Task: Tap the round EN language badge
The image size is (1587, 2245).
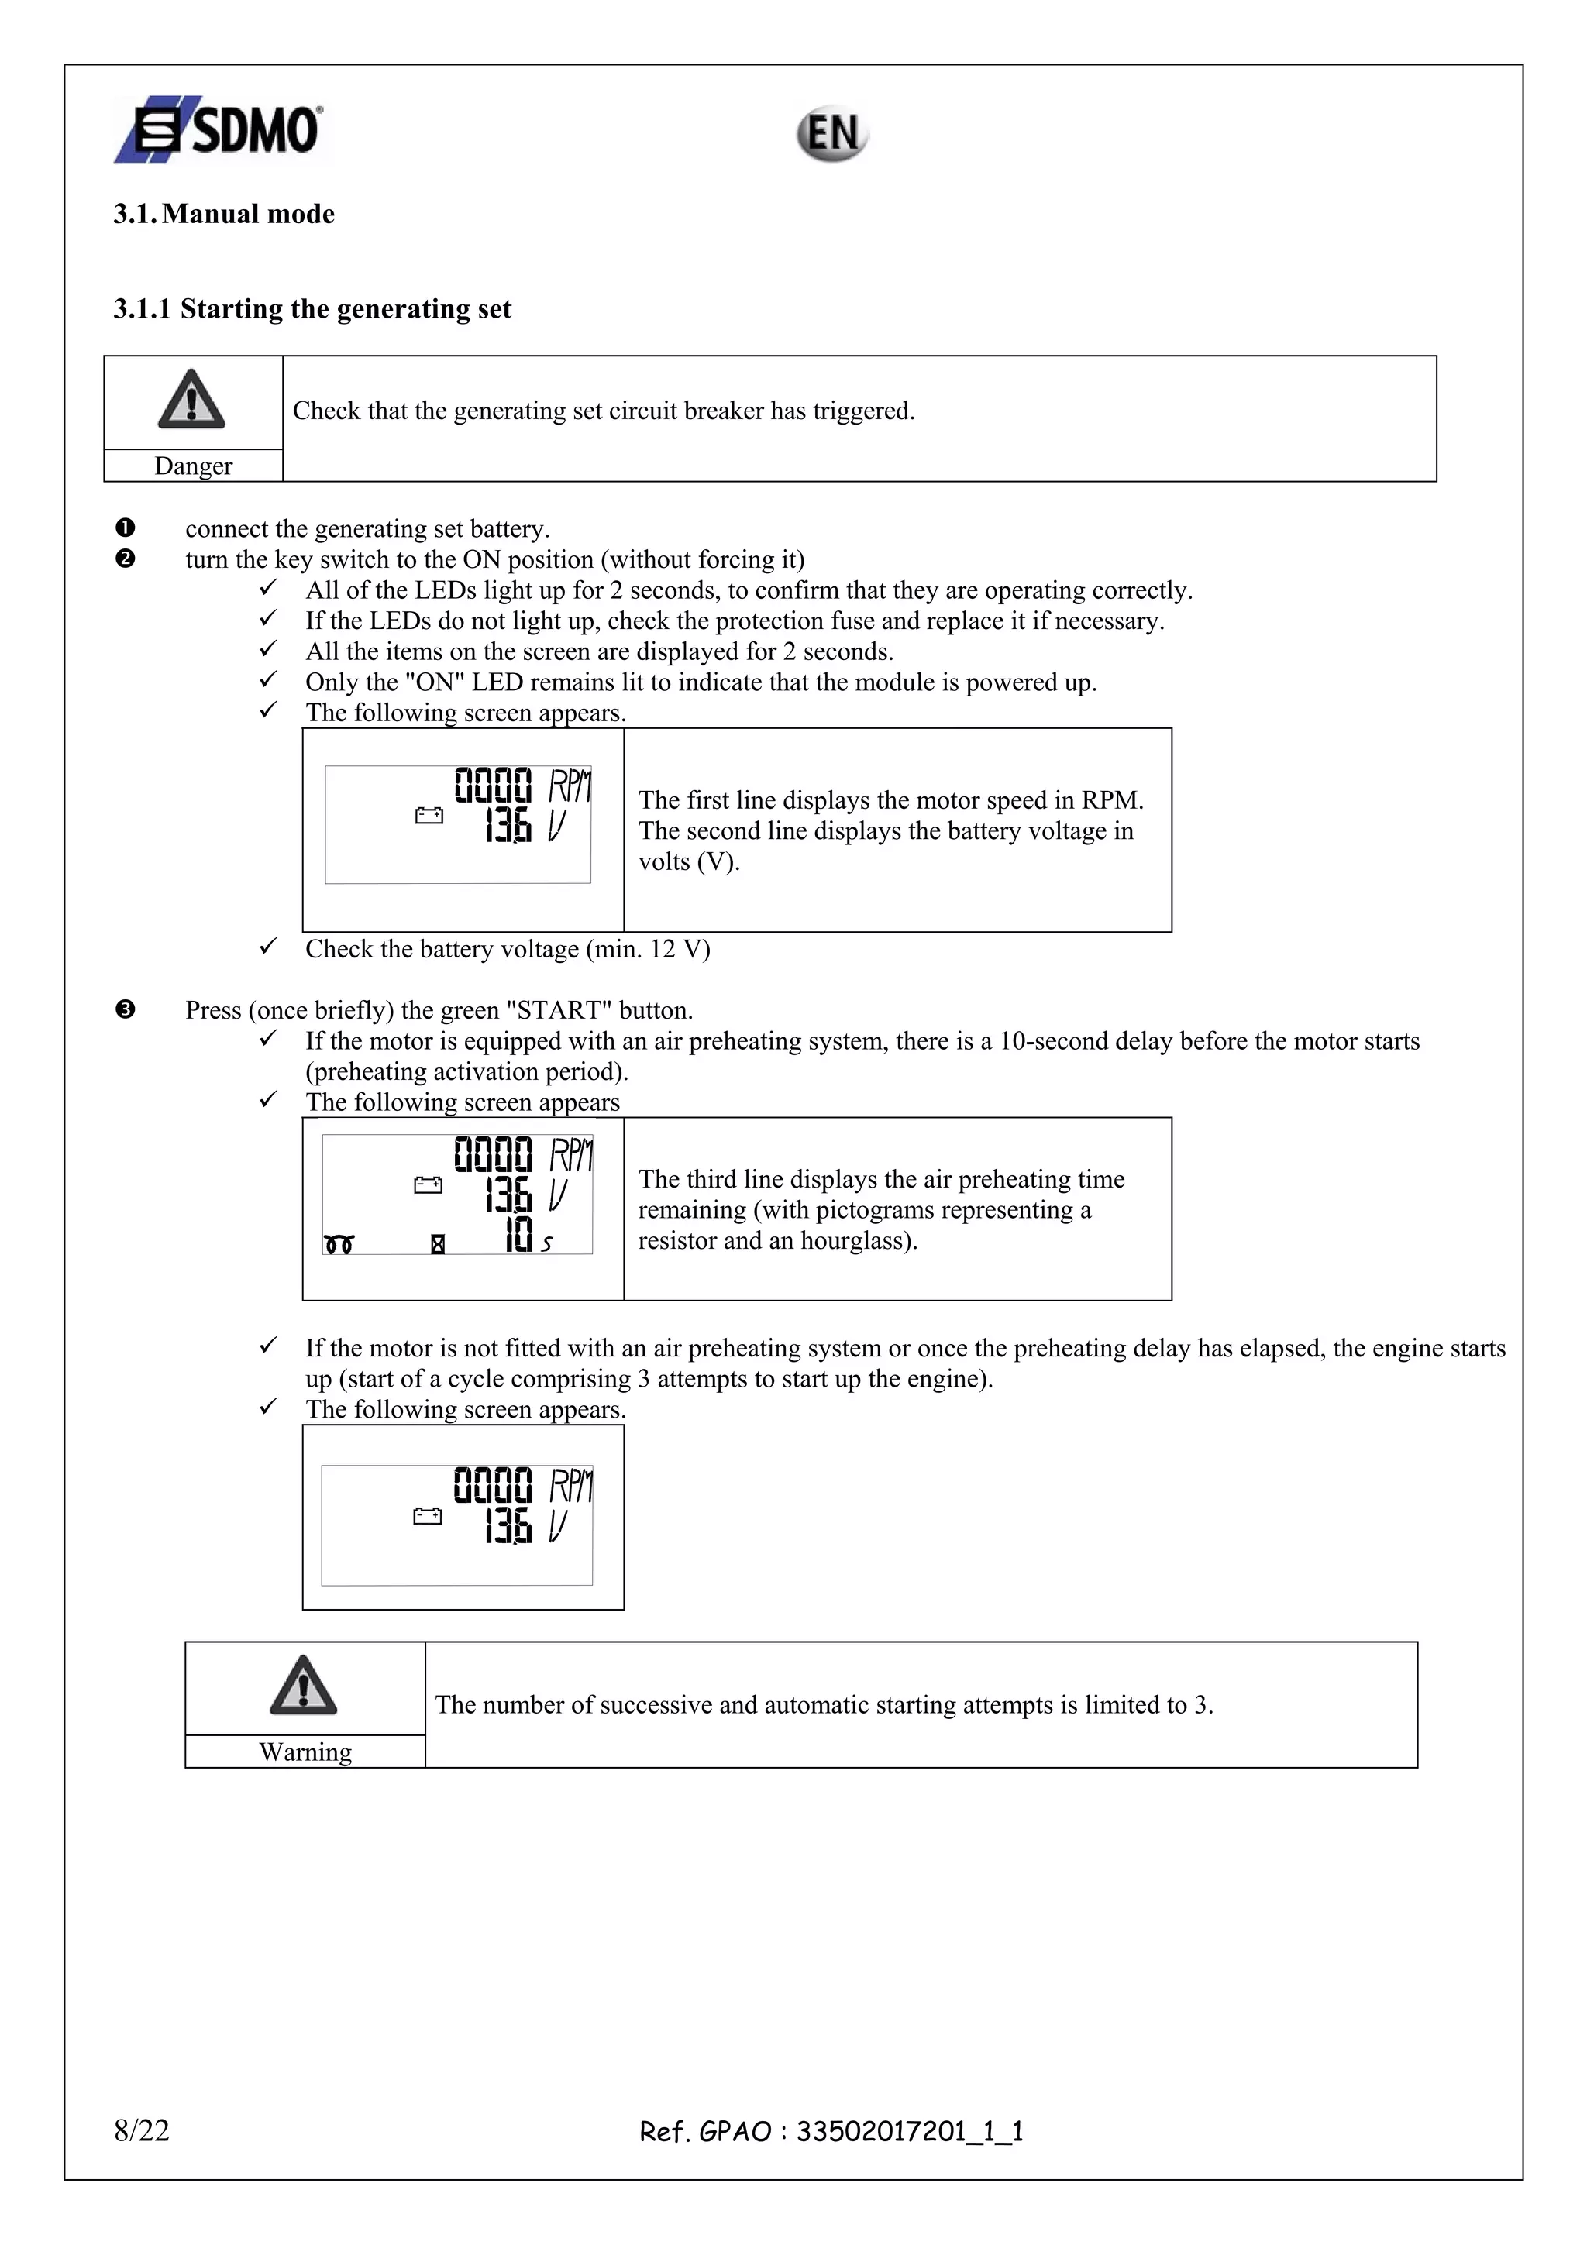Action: click(831, 134)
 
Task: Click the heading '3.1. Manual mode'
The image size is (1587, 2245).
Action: click(223, 214)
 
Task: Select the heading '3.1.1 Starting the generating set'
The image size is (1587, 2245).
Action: click(312, 309)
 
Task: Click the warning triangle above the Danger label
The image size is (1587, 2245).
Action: click(191, 399)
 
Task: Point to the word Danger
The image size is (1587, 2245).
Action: click(193, 466)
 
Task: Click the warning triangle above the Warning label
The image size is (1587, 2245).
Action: click(303, 1686)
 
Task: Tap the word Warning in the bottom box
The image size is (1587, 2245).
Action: click(305, 1752)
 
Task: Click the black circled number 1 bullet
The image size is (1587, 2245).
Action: click(126, 528)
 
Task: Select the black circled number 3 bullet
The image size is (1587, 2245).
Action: click(126, 1009)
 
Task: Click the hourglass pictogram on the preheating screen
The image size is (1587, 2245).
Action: click(438, 1244)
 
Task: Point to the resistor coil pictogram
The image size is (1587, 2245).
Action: click(339, 1244)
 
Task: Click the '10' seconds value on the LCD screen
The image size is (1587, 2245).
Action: click(519, 1234)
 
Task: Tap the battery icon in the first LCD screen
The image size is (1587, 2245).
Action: click(429, 816)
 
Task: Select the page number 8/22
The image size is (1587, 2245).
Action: click(142, 2130)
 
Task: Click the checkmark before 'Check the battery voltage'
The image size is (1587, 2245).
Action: click(268, 947)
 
